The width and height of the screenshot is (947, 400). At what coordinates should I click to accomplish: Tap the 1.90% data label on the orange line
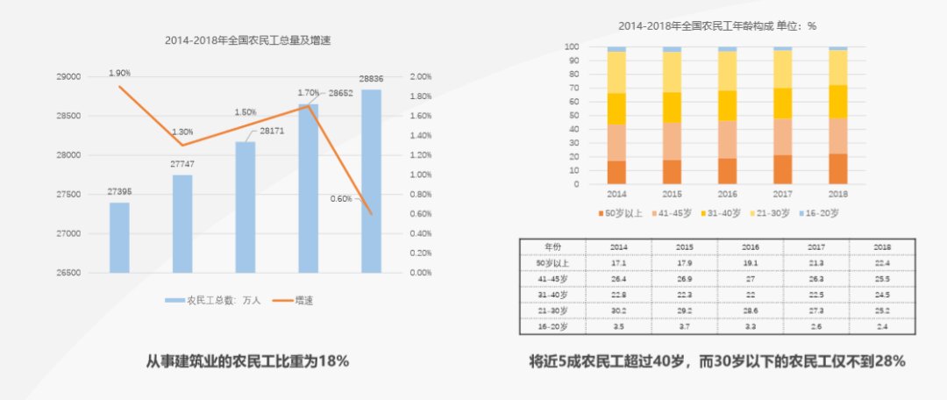120,73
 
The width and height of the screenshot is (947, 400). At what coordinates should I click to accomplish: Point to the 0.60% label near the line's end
343,198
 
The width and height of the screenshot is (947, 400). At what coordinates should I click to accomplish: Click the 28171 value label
272,131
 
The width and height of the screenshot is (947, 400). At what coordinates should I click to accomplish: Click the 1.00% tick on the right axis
420,175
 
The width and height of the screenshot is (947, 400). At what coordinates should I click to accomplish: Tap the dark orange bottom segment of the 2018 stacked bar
838,168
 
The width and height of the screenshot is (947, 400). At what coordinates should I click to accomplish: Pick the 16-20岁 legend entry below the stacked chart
822,212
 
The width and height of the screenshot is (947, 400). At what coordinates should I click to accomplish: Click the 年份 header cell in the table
553,246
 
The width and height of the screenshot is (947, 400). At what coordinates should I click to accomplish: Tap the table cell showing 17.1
617,262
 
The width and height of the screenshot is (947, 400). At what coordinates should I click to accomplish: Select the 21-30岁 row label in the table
553,311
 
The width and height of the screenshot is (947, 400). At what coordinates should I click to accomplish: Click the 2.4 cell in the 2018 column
882,326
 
